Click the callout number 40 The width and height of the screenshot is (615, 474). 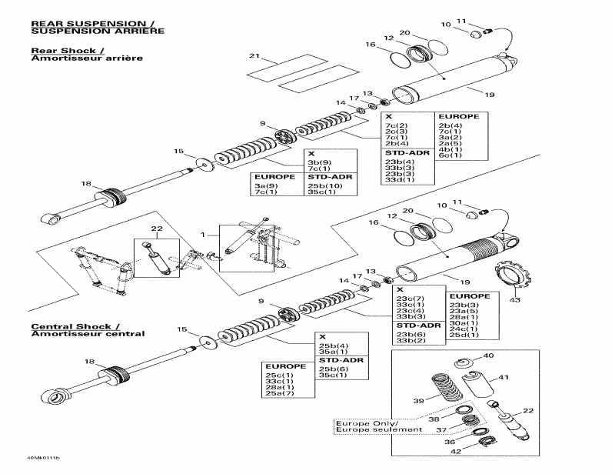(x=488, y=355)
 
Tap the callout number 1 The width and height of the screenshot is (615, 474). (x=204, y=233)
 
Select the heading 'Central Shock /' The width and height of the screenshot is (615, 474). (x=75, y=326)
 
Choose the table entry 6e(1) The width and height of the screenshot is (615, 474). (x=450, y=155)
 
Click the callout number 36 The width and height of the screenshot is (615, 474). (x=450, y=442)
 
